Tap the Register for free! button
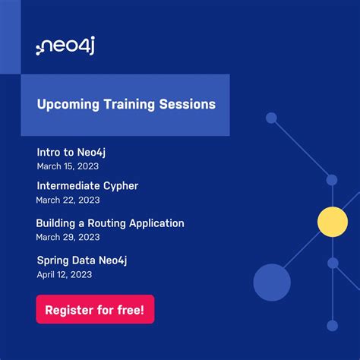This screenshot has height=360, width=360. (95, 310)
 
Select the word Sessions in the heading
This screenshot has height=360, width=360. (188, 104)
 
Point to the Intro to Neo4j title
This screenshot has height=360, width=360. (76, 152)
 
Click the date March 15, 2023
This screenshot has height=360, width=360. (68, 166)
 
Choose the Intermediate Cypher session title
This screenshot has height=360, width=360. (87, 185)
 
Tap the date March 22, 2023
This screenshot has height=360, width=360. (68, 200)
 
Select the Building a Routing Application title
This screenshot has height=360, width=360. (110, 223)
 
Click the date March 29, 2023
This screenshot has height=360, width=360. (68, 237)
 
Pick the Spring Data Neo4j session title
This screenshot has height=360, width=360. (82, 261)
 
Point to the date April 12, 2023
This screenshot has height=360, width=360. (65, 274)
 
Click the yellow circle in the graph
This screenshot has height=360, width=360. (332, 222)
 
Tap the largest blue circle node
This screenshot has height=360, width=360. (272, 283)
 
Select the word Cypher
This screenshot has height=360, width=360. (121, 185)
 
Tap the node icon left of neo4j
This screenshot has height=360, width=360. (43, 49)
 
